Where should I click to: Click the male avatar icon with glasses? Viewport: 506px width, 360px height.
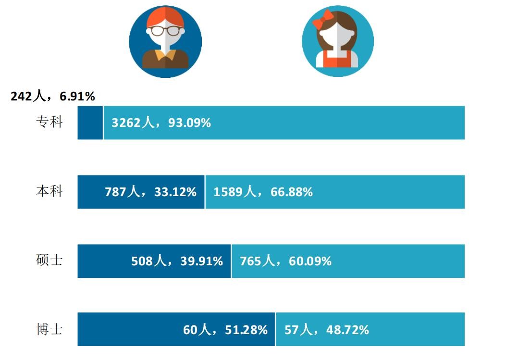[165, 41]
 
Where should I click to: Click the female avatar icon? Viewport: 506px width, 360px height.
[337, 41]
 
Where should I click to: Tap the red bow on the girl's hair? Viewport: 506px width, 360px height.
[322, 19]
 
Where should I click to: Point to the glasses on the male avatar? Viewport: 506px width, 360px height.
[165, 31]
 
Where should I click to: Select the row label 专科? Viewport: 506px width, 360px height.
[49, 122]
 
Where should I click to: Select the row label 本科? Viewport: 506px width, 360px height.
[49, 191]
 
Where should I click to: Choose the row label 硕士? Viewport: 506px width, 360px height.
[49, 261]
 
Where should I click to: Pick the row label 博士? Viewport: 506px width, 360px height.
[49, 330]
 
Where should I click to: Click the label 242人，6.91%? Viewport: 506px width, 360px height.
[53, 97]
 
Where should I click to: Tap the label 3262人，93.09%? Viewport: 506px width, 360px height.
[161, 123]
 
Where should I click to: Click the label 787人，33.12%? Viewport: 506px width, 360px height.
[150, 192]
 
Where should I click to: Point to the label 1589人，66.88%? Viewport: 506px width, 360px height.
[263, 192]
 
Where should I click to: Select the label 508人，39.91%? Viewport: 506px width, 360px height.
[177, 261]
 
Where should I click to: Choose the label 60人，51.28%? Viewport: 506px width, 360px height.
[225, 330]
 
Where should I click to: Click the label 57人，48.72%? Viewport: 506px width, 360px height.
[327, 330]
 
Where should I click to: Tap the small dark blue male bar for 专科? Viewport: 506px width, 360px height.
[90, 123]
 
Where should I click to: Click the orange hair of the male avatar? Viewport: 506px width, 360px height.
[165, 16]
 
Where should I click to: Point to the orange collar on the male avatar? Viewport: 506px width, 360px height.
[165, 54]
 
